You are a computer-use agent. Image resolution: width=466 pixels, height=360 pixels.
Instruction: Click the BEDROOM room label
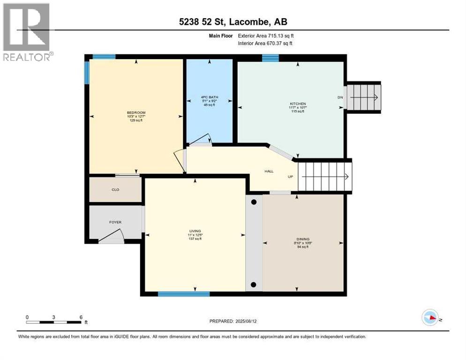pyautogui.click(x=136, y=112)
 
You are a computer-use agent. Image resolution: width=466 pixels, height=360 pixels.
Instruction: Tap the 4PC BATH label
pyautogui.click(x=210, y=97)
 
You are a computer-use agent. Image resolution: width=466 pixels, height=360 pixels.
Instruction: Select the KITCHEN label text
pyautogui.click(x=298, y=104)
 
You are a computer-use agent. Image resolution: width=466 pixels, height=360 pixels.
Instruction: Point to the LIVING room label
pyautogui.click(x=195, y=231)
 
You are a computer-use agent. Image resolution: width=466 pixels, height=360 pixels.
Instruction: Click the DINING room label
pyautogui.click(x=303, y=239)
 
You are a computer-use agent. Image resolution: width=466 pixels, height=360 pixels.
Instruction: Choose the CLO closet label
pyautogui.click(x=115, y=190)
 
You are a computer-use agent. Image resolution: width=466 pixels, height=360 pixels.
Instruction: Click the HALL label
pyautogui.click(x=269, y=172)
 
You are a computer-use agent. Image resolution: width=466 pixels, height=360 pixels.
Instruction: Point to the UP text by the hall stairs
pyautogui.click(x=291, y=177)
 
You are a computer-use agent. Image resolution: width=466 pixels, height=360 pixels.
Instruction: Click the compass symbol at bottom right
pyautogui.click(x=430, y=318)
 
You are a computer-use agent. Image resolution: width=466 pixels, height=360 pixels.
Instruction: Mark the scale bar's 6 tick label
pyautogui.click(x=81, y=317)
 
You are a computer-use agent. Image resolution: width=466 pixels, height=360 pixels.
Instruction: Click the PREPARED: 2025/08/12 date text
pyautogui.click(x=233, y=321)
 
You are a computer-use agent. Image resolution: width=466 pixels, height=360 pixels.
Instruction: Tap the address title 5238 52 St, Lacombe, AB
pyautogui.click(x=232, y=22)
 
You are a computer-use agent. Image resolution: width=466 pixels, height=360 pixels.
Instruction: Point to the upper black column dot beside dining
pyautogui.click(x=254, y=202)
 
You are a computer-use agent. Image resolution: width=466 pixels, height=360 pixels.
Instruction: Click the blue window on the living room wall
pyautogui.click(x=183, y=294)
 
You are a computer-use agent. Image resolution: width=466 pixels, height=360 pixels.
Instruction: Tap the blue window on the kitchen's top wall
pyautogui.click(x=270, y=58)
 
